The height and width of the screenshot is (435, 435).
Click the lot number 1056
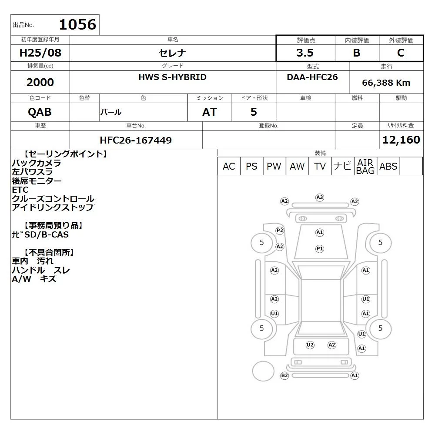[78, 24]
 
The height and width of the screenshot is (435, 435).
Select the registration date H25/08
[40, 53]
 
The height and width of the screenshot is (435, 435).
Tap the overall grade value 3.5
[305, 53]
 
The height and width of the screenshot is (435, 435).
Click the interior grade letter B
[357, 53]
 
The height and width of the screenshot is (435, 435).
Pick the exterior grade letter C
[401, 53]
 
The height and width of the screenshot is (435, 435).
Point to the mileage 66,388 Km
[386, 83]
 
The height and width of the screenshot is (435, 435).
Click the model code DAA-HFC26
[312, 77]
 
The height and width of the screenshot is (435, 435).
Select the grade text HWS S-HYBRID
[173, 77]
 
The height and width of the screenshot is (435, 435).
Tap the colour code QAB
[40, 112]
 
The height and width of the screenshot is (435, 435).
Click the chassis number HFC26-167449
[136, 140]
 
